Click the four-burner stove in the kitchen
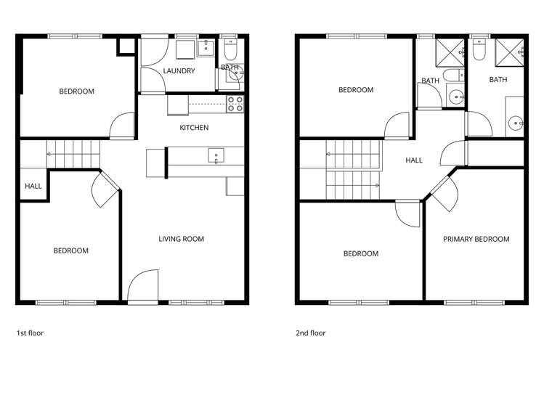tap(235, 105)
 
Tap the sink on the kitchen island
tap(215, 155)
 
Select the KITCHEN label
tap(194, 128)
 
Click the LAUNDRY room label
tap(179, 71)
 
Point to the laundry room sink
tap(206, 49)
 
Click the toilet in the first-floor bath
tap(230, 50)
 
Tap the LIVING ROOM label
tap(182, 239)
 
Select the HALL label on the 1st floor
tap(33, 187)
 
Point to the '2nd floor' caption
tap(310, 334)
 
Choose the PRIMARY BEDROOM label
tap(476, 239)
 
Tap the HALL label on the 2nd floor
tap(414, 160)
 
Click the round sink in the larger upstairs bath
tap(516, 123)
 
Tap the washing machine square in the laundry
tap(184, 49)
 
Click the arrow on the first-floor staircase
tap(49, 154)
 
